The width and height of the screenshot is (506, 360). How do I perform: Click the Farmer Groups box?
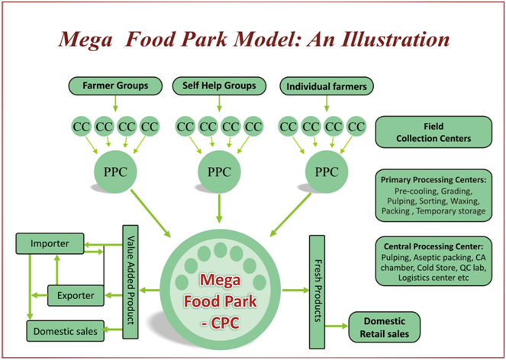(115, 85)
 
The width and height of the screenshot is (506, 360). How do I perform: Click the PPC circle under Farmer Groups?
(114, 171)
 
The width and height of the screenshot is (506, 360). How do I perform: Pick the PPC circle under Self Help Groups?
(219, 171)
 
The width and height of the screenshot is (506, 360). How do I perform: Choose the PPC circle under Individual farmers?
(326, 171)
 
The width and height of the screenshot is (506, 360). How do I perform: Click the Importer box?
(50, 244)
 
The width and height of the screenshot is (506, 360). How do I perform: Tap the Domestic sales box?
(64, 330)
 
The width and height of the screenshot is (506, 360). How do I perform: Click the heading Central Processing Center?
(432, 247)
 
